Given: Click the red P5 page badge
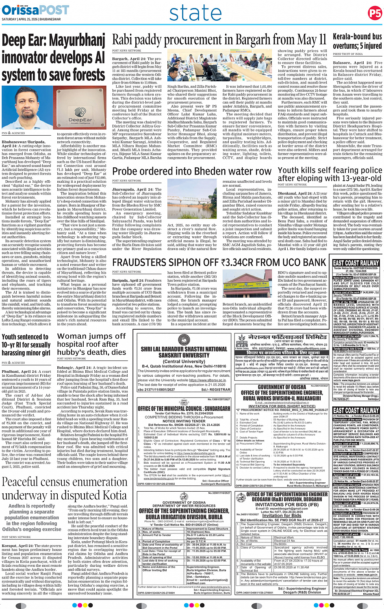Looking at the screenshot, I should pyautogui.click(x=375, y=13).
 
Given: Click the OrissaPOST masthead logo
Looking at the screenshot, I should pyautogui.click(x=35, y=10).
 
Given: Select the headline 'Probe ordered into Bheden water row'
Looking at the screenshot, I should pyautogui.click(x=192, y=171).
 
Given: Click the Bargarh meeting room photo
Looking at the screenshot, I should pyautogui.click(x=193, y=67).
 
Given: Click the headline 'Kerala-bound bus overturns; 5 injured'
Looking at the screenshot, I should pyautogui.click(x=357, y=41).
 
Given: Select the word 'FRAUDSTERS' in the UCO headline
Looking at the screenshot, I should pyautogui.click(x=141, y=263).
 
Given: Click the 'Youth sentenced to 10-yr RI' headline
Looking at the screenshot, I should pyautogui.click(x=26, y=345).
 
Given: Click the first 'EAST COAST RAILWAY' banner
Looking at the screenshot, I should pyautogui.click(x=356, y=263).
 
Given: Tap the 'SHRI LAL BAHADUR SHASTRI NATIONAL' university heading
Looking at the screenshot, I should pyautogui.click(x=184, y=352).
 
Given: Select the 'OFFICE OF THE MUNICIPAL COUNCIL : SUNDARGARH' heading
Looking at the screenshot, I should pyautogui.click(x=184, y=408).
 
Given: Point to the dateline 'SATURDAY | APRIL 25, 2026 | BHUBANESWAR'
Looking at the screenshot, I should pyautogui.click(x=31, y=19).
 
